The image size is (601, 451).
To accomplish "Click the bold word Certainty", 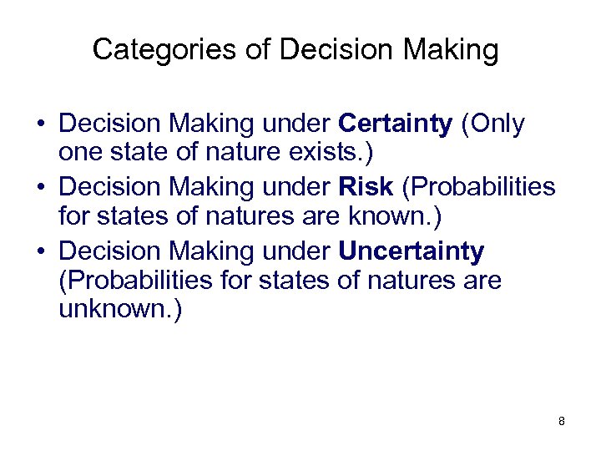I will pyautogui.click(x=396, y=124).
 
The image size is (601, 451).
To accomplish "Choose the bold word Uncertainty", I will pyautogui.click(x=412, y=251).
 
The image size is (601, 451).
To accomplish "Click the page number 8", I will pyautogui.click(x=562, y=421).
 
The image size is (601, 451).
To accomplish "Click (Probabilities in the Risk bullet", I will pyautogui.click(x=478, y=187).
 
